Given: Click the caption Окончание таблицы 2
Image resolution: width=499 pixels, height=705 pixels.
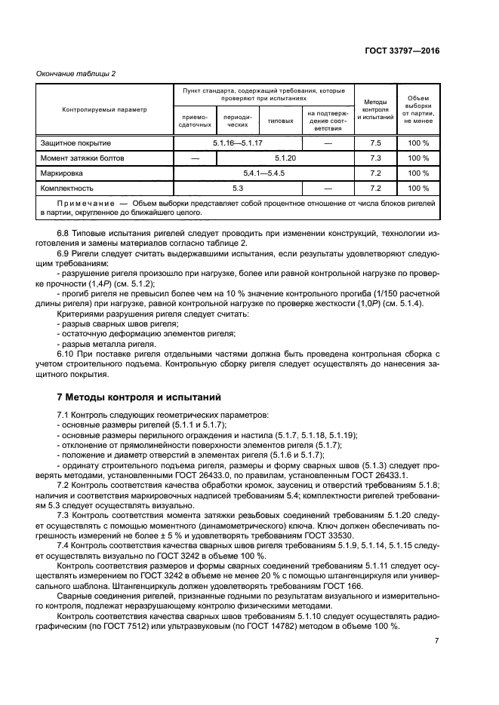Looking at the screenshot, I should click(x=75, y=73).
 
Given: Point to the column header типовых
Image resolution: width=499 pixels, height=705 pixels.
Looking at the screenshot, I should click(x=281, y=120).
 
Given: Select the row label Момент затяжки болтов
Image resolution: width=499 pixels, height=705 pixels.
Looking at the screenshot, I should click(x=76, y=158).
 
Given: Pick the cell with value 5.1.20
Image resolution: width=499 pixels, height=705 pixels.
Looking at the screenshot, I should click(x=285, y=158).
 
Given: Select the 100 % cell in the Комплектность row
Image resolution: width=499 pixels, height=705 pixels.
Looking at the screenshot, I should click(x=418, y=189).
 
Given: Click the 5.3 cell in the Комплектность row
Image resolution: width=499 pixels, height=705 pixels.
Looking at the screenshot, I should click(x=238, y=189).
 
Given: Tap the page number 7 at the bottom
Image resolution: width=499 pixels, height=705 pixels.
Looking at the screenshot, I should click(x=436, y=642).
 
